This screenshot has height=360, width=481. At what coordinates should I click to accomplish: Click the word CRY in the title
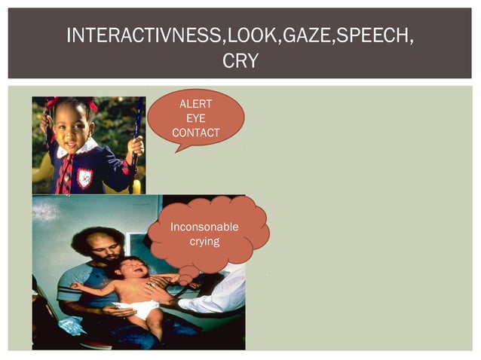tap(240, 61)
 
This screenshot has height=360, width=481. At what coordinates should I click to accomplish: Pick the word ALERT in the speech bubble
tap(196, 104)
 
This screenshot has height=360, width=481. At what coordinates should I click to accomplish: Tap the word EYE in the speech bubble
tap(196, 118)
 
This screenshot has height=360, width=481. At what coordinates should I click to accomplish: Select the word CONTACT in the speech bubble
tap(196, 133)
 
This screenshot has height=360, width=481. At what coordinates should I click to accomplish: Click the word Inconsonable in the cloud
tap(204, 227)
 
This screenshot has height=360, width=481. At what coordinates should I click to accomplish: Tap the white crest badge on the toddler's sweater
tap(85, 178)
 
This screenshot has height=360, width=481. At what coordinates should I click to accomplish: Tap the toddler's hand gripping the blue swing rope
tap(135, 145)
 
